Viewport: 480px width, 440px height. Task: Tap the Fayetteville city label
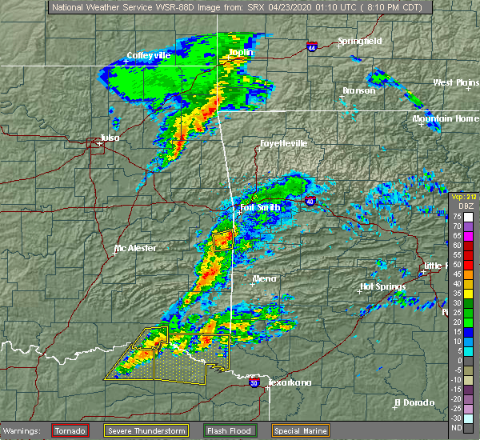[x=283, y=144]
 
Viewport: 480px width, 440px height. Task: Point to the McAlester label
[x=135, y=248]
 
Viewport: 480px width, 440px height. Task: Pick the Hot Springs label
[x=382, y=286]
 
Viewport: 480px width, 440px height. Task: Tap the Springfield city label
[x=359, y=41]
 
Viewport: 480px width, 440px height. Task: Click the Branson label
[x=358, y=90]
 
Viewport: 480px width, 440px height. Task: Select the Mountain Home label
[x=445, y=118]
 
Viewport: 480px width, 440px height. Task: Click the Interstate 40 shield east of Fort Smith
[x=310, y=202]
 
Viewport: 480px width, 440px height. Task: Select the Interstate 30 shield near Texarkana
[x=254, y=383]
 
